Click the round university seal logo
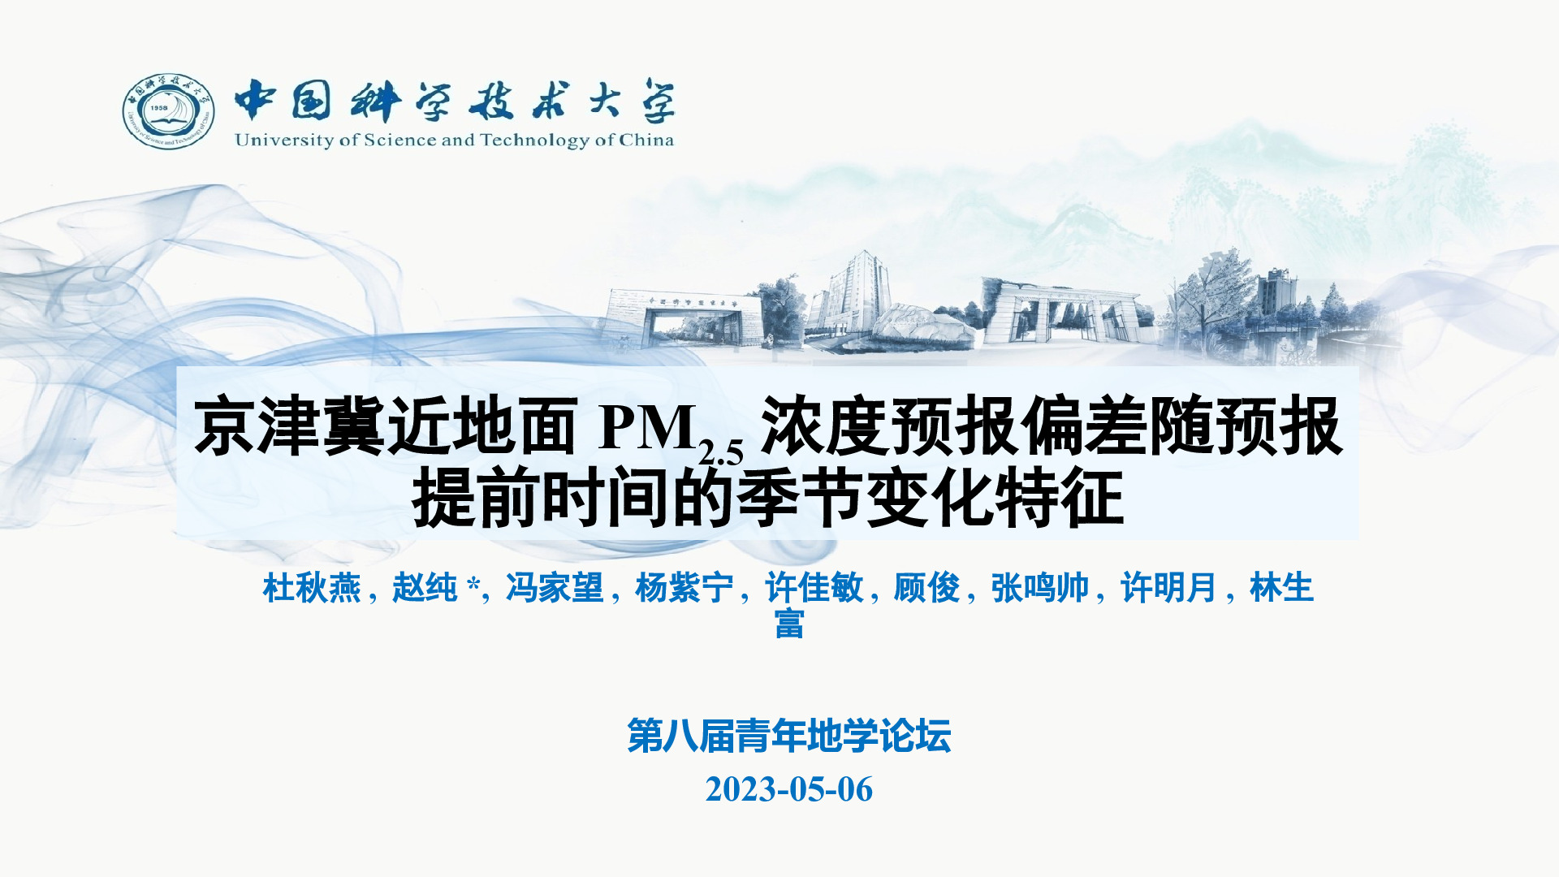[x=168, y=112]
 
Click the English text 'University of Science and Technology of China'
[x=454, y=140]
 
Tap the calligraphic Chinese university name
[x=455, y=101]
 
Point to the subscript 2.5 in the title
[x=721, y=451]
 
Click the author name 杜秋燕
[x=312, y=587]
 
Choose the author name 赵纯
[x=425, y=587]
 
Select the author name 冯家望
[x=555, y=587]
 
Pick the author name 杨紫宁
[x=684, y=587]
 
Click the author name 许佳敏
[x=814, y=587]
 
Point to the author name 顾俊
[x=926, y=587]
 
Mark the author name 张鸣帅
[x=1039, y=587]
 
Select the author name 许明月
[x=1168, y=587]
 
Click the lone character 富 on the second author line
[x=789, y=624]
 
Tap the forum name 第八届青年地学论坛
[x=789, y=736]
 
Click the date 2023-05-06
[x=789, y=789]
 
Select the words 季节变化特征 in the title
[x=931, y=497]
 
